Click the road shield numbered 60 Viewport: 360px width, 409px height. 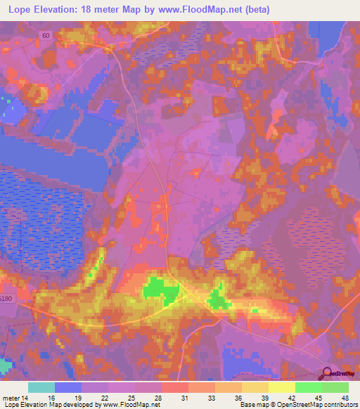tap(46, 34)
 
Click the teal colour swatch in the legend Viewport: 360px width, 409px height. tap(41, 387)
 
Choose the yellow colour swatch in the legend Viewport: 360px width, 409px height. tap(281, 387)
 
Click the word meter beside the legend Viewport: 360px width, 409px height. tap(11, 398)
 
